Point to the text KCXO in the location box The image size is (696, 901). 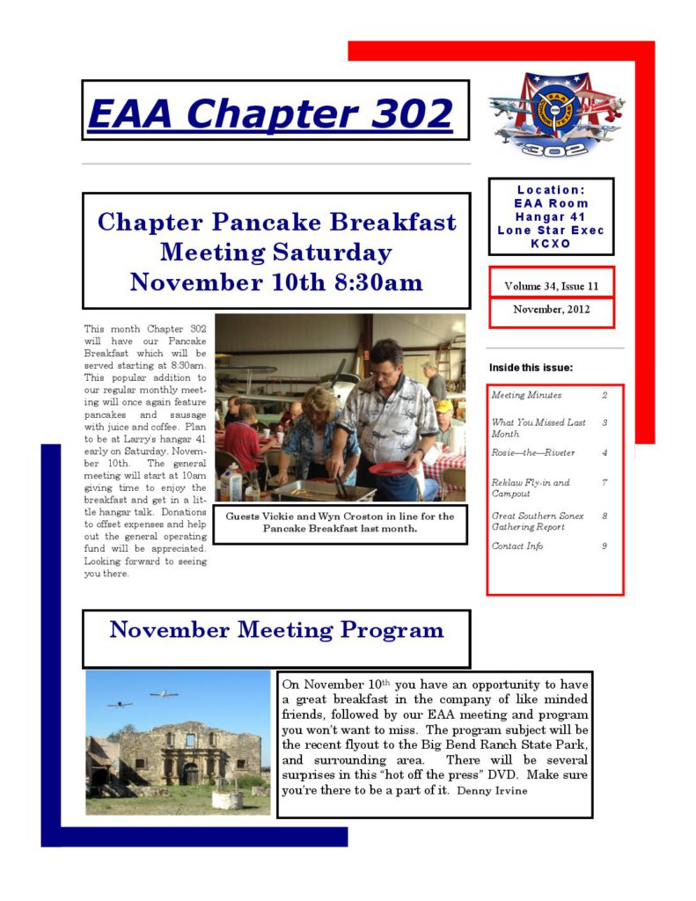coord(551,243)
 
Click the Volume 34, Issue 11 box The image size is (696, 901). coord(551,286)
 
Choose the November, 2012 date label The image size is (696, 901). coord(551,310)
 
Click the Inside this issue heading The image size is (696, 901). coord(531,367)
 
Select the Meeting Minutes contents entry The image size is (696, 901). coord(526,396)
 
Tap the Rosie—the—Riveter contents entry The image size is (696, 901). coord(532,453)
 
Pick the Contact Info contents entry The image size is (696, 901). coord(517,546)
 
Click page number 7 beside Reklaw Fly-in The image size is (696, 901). coord(604,483)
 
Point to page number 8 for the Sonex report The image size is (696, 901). coord(604,516)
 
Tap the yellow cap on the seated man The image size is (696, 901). coord(444,407)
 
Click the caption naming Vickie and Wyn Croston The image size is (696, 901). coord(340,523)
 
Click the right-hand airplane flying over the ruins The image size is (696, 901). coord(163,695)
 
